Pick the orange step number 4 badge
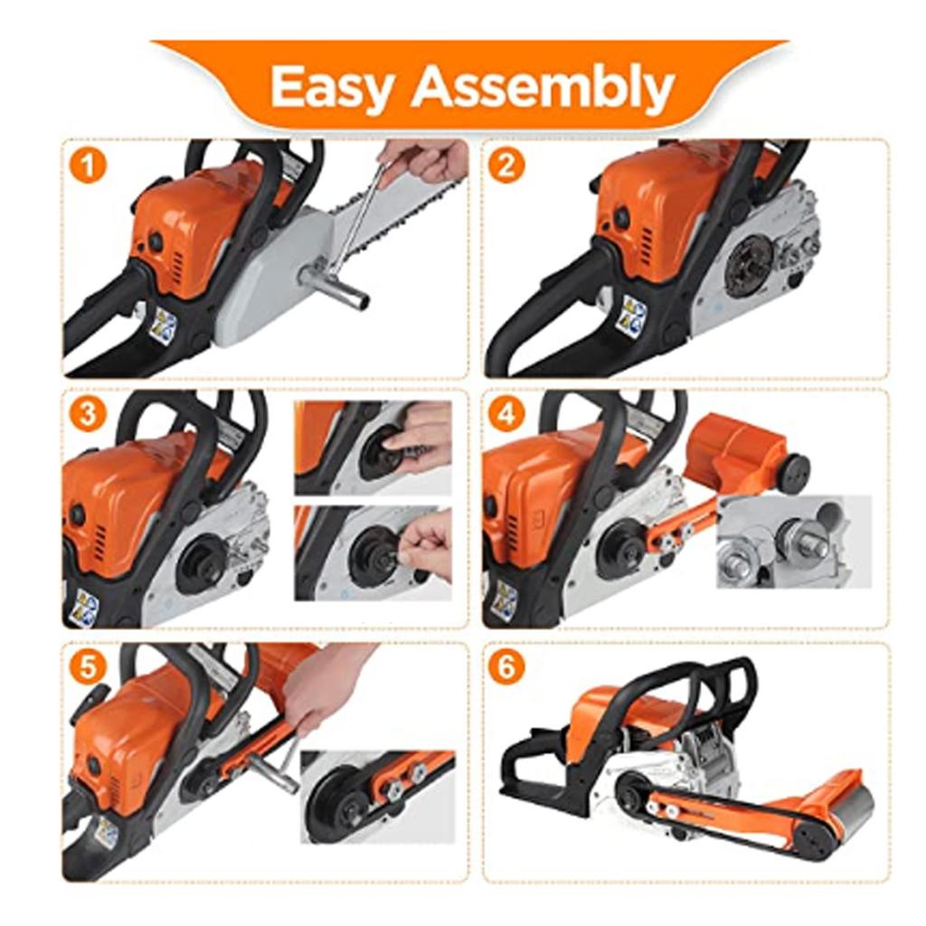pyautogui.click(x=506, y=414)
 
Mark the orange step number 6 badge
pyautogui.click(x=506, y=666)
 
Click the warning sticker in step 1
pyautogui.click(x=163, y=326)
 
